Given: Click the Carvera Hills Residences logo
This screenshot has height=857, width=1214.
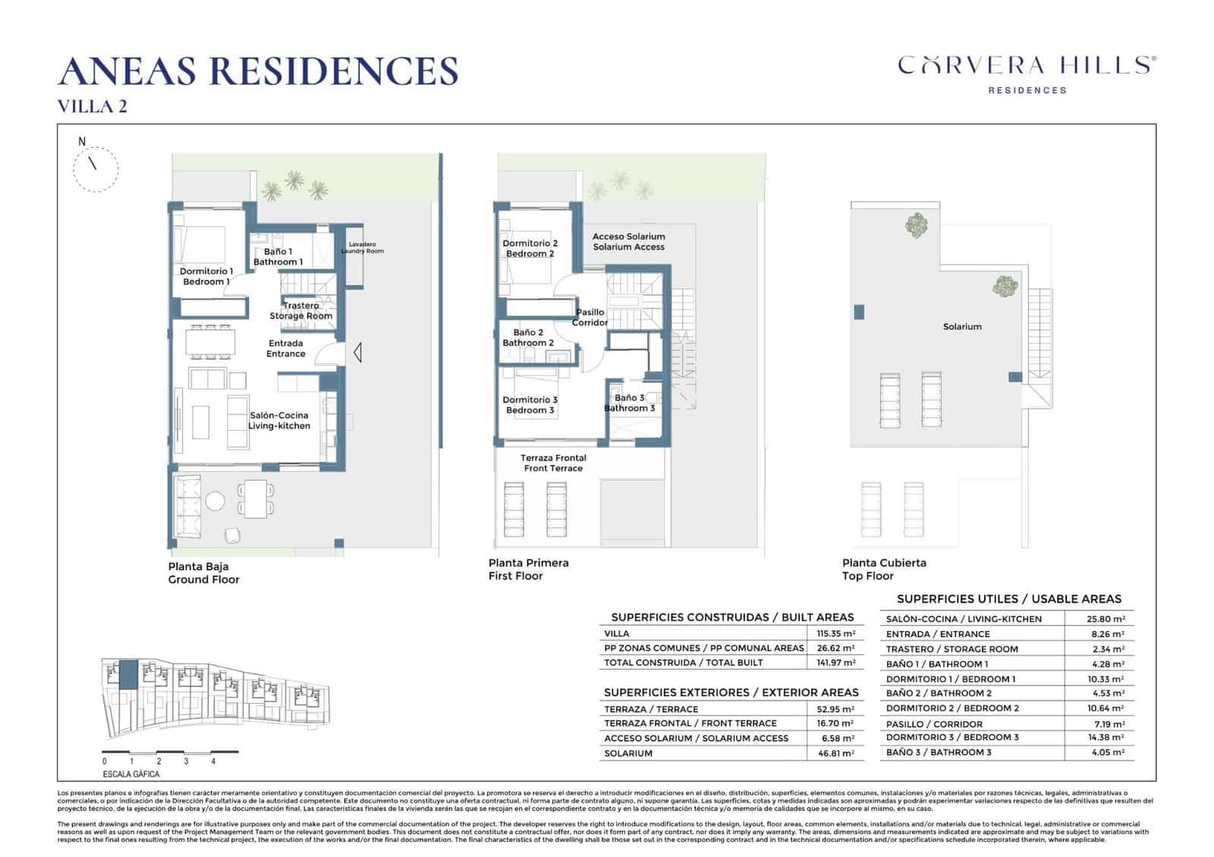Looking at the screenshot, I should pos(1027,74).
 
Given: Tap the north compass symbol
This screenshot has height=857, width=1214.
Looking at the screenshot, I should pos(96,168).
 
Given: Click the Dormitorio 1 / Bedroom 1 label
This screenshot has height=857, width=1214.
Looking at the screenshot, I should pos(206,276).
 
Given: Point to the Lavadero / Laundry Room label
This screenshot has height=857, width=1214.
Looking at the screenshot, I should pos(362,247).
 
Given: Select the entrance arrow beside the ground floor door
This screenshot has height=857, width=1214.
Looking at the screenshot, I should pos(356,353).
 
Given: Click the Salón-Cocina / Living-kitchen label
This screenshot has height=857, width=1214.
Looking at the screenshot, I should pos(279,421).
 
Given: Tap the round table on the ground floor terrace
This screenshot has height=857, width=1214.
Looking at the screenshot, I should pos(215,501).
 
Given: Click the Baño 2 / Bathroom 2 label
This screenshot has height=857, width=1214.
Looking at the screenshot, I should pos(528,337).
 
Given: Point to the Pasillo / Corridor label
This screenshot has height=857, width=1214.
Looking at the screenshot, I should pos(590,317).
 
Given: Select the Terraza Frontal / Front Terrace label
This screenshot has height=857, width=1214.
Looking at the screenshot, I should pos(553,463).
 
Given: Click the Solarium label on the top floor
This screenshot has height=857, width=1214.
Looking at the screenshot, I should pos(962,327).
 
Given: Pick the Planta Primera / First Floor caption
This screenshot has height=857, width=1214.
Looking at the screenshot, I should pos(528,569).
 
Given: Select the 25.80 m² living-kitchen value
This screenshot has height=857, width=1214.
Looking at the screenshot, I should pos(1105,619).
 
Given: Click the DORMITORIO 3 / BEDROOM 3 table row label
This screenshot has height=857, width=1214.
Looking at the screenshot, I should pos(952,737).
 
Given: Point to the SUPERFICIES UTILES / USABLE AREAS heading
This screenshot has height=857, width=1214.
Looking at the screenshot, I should pos(1008,599).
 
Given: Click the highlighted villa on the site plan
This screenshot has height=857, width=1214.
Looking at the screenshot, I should pos(129,674).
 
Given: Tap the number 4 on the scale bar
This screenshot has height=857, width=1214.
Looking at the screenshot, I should pos(213,761).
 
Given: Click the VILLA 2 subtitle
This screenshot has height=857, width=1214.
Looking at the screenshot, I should pos(93,106).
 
